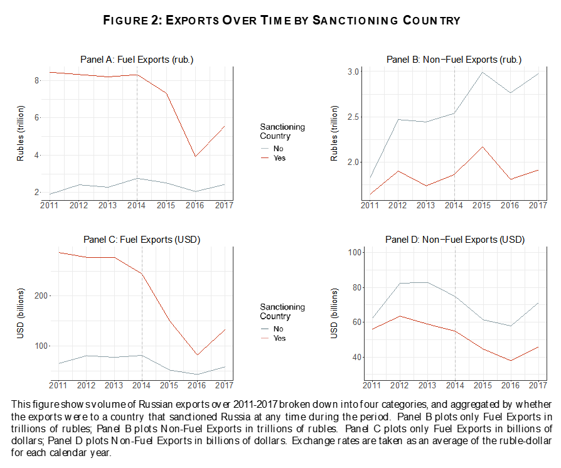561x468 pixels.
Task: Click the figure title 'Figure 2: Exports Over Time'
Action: point(282,21)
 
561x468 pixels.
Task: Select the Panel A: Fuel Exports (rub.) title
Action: point(137,60)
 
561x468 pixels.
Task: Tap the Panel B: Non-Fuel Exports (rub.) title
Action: point(454,60)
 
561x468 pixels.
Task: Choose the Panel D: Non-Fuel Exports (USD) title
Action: point(454,240)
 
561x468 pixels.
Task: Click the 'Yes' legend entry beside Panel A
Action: point(279,158)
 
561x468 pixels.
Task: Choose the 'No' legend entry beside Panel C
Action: point(278,329)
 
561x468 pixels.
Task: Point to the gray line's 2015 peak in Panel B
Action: point(482,72)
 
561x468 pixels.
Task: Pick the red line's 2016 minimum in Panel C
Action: point(197,355)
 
